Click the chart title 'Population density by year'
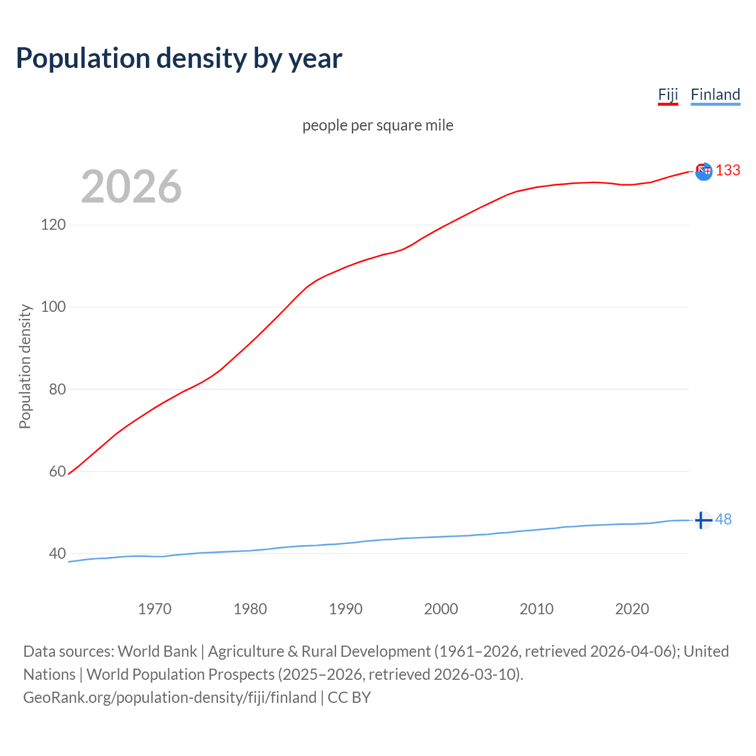pos(179,58)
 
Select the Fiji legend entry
pos(668,94)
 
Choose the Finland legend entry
pos(715,94)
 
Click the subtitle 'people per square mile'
pos(378,125)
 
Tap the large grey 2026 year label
pos(131,187)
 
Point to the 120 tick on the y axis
pos(53,225)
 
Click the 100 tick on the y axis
pos(53,307)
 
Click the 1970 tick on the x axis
pos(155,609)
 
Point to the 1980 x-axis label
pos(250,609)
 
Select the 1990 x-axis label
pos(346,609)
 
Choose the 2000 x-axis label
pos(441,609)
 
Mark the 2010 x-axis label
pos(536,609)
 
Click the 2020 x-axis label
pos(632,609)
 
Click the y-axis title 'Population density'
pos(25,366)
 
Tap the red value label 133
pos(728,171)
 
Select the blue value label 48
pos(724,519)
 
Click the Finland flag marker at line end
pos(703,520)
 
